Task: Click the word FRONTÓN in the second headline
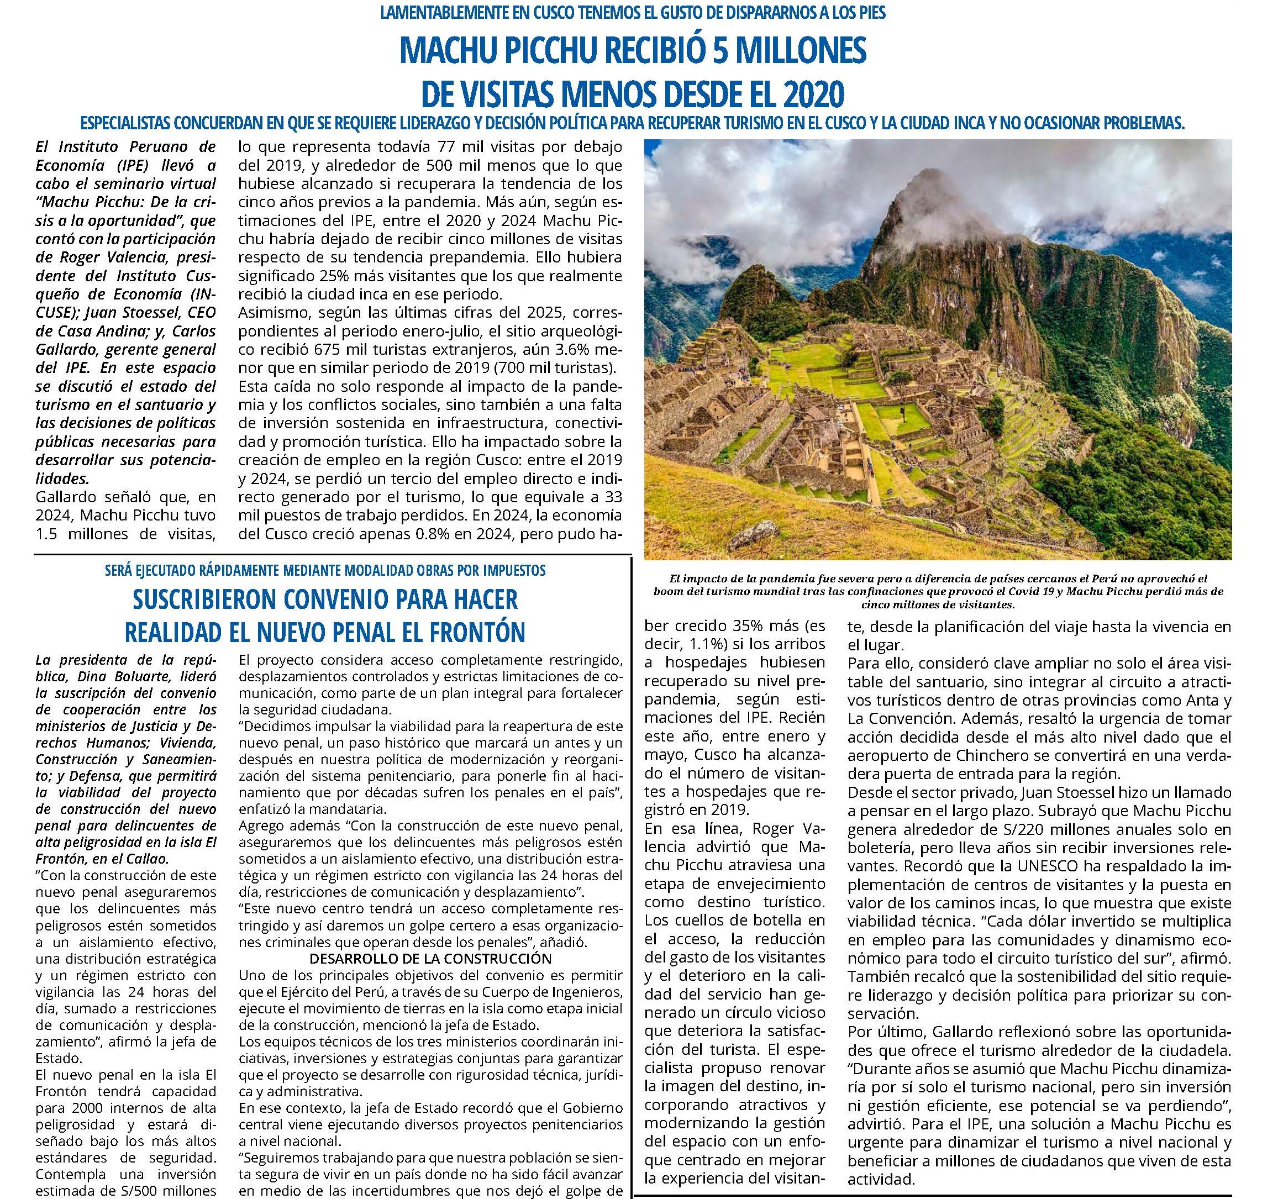pyautogui.click(x=471, y=633)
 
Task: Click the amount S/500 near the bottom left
pyautogui.click(x=152, y=1187)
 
